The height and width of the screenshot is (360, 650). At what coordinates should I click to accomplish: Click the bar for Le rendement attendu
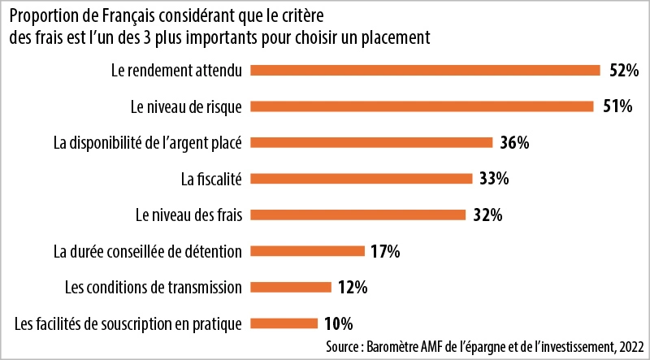pos(425,71)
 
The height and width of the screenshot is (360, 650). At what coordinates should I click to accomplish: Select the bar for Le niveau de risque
pos(422,106)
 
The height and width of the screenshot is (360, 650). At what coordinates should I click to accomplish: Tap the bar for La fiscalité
pos(362,179)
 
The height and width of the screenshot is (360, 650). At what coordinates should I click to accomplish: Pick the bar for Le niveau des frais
pos(358,215)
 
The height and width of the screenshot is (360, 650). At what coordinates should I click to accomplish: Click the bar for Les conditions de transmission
pos(291,287)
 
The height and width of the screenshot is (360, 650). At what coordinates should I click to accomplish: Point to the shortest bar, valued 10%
pos(284,323)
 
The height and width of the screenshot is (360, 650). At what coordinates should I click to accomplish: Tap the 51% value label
pos(617,106)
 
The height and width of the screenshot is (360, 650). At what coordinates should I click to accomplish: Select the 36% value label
pos(514,143)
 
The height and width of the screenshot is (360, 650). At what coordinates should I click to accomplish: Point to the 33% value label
pos(494,179)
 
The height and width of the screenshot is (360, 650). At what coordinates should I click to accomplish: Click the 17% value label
pos(385,251)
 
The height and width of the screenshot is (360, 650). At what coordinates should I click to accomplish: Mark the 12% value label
pos(353,287)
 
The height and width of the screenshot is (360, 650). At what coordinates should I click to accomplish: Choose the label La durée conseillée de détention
pos(147,251)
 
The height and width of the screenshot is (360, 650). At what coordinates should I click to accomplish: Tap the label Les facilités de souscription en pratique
pos(128,323)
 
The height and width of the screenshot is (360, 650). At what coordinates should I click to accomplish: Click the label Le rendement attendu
pos(176,71)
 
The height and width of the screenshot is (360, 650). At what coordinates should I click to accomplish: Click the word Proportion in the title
pos(40,15)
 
